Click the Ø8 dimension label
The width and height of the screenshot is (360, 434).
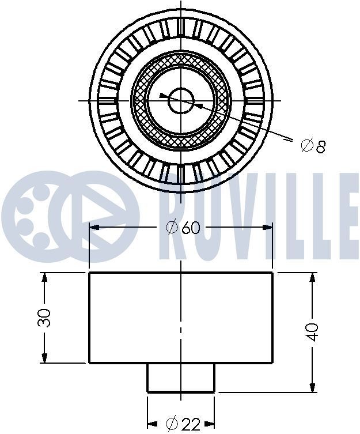(x=313, y=145)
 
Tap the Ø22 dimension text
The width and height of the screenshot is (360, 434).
(x=183, y=424)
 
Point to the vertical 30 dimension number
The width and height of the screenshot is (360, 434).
(x=45, y=318)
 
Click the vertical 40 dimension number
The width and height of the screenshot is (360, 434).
(x=312, y=332)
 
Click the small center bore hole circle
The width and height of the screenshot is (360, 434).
(x=181, y=101)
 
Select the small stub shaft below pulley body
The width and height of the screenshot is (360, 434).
(x=181, y=378)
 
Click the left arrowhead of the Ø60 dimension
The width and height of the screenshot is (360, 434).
(x=95, y=228)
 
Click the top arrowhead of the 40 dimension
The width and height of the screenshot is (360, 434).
(x=313, y=278)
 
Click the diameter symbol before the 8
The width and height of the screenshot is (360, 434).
(x=306, y=145)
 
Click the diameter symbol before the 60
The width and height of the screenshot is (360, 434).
(x=171, y=228)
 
